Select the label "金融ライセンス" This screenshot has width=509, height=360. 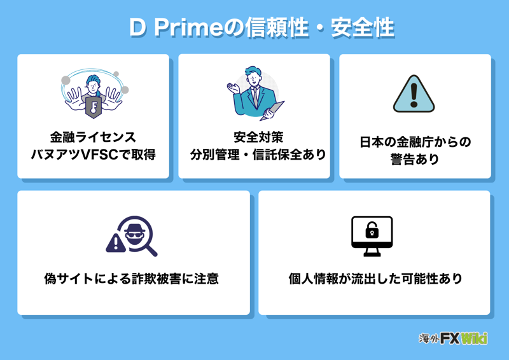(94, 137)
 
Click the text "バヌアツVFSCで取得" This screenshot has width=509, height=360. (94, 154)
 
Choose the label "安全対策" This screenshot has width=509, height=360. (254, 137)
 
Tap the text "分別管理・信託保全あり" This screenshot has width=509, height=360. (254, 154)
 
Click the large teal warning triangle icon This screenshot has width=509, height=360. (414, 94)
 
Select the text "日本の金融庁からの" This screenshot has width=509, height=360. (415, 141)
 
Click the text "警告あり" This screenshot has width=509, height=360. (415, 158)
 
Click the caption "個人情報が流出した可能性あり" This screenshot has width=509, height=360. (375, 279)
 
